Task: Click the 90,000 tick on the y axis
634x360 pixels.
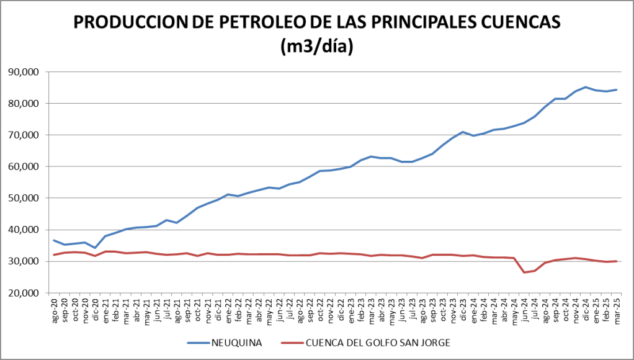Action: [x=24, y=72]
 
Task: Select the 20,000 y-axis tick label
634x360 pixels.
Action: [x=24, y=293]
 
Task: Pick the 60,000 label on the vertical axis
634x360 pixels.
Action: [x=24, y=166]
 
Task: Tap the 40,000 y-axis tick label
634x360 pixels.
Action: [x=24, y=230]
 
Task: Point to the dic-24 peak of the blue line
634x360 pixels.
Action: [x=586, y=87]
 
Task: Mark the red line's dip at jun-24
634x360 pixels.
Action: [x=525, y=272]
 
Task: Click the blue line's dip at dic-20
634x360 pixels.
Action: [x=95, y=248]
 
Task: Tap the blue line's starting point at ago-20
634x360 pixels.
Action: [x=54, y=240]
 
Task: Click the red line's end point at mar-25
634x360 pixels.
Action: [x=616, y=261]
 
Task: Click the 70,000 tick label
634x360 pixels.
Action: [x=24, y=135]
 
